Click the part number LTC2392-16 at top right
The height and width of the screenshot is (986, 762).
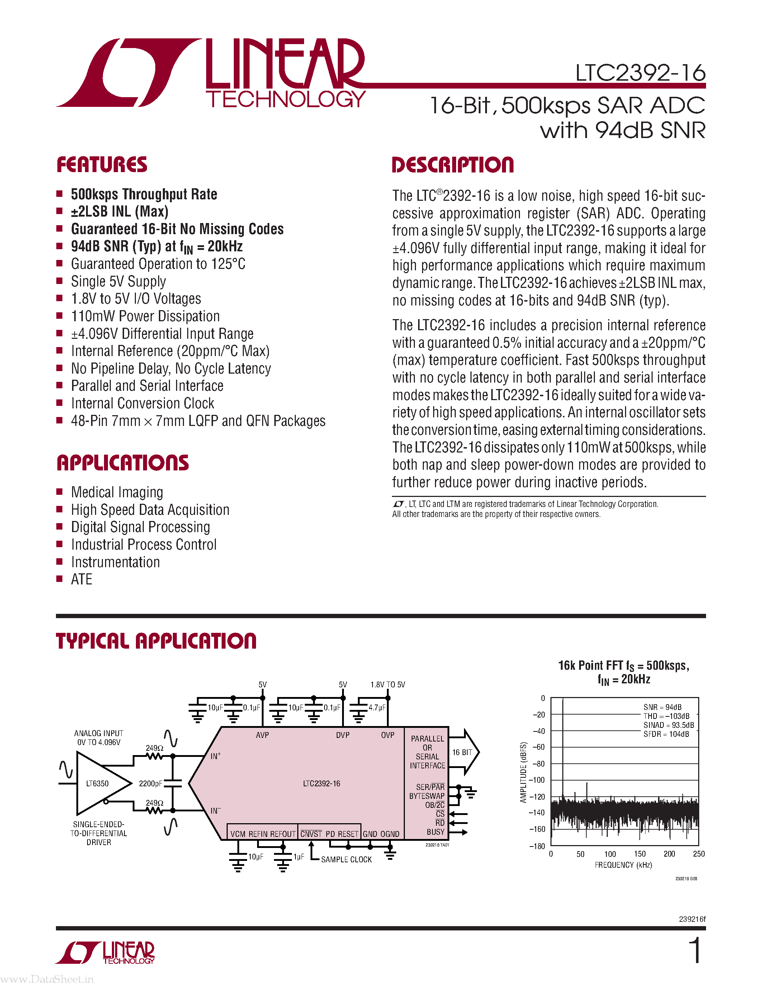point(640,73)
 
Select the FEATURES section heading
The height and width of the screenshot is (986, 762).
point(102,165)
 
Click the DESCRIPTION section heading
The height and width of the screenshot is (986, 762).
point(453,165)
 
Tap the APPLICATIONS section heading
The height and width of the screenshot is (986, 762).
point(123,463)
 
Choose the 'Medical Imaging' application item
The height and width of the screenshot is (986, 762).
point(117,492)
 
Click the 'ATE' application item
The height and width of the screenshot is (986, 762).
point(82,579)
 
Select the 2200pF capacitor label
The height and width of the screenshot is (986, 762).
point(150,784)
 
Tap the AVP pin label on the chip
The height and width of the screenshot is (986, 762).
point(262,735)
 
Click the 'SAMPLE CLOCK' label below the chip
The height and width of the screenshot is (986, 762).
point(346,859)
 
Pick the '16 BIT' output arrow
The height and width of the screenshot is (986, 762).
point(464,752)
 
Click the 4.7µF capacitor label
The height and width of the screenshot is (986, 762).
point(377,708)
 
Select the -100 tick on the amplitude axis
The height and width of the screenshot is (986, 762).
point(537,780)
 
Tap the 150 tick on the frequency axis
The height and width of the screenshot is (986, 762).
point(640,854)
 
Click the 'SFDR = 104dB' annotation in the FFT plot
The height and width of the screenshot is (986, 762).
point(666,734)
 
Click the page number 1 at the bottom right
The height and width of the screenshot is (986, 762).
point(696,951)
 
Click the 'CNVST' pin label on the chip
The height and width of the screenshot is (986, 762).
point(311,834)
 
